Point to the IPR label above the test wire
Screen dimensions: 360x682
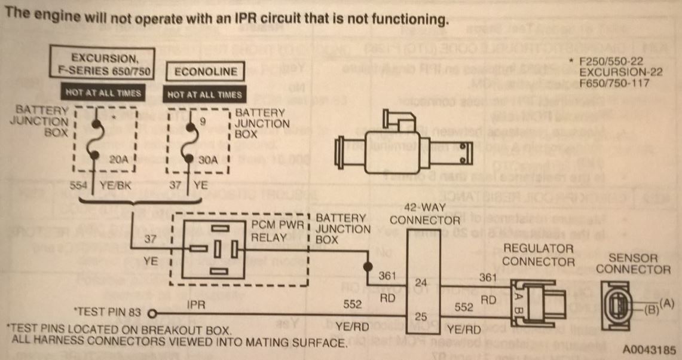point(195,304)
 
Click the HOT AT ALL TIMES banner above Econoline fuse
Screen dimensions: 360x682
point(205,94)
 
